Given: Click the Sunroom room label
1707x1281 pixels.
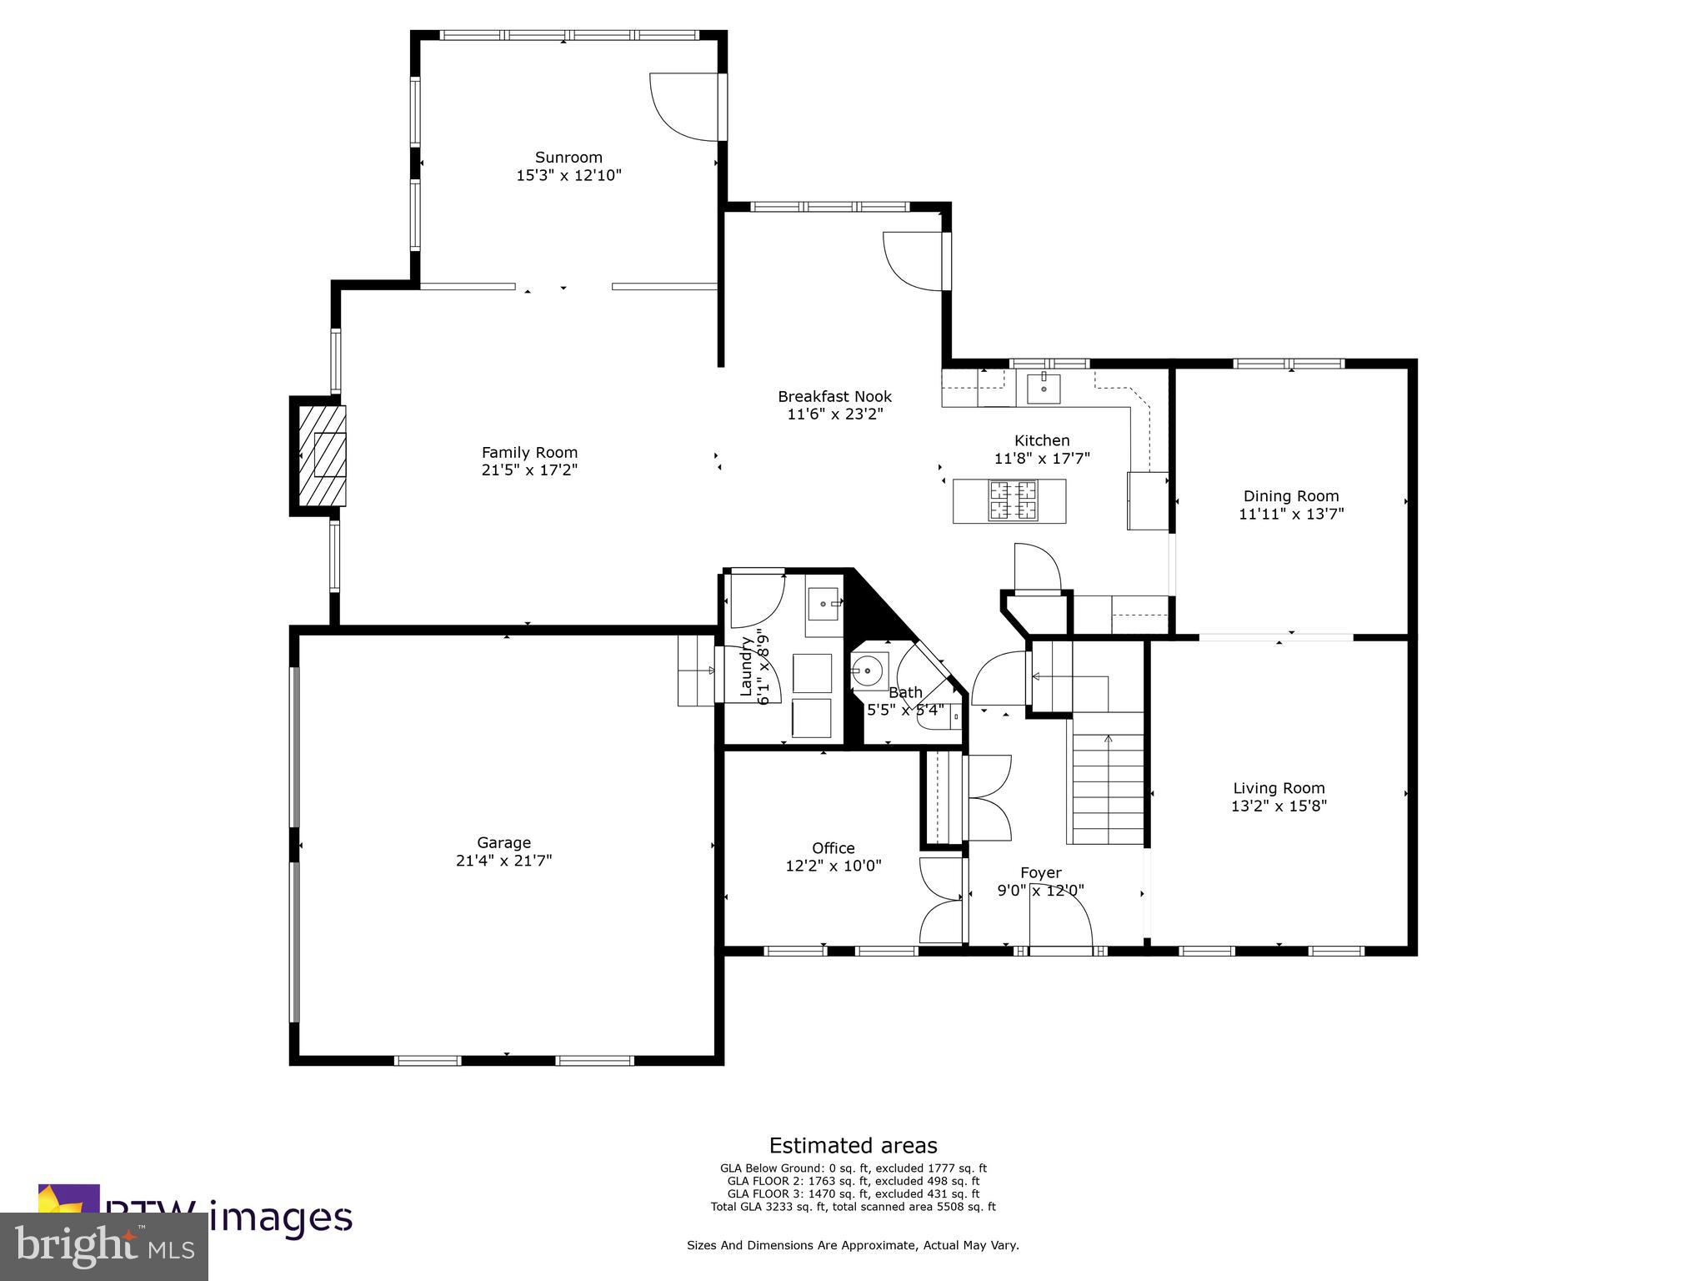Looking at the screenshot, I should pos(568,157).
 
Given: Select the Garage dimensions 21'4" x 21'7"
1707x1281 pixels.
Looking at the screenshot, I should pos(503,860).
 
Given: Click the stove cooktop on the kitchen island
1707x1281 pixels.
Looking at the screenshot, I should pos(1013,500).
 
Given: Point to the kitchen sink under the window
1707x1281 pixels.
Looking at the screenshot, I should pos(1043,388).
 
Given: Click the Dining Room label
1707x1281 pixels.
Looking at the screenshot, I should pos(1290,495).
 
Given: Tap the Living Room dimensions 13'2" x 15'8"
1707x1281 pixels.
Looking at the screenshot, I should pos(1279,806).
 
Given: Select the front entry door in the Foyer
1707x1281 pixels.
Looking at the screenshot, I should pos(1060,926).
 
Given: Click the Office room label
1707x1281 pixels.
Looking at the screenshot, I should pos(833,848).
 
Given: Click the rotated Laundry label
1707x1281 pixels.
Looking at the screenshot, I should pos(746,667).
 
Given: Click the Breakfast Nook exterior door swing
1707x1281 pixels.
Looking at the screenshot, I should pos(914,260).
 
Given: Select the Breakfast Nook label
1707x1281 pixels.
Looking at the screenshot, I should pos(834,396).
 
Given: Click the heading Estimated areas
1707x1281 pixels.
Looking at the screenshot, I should pos(853,1145).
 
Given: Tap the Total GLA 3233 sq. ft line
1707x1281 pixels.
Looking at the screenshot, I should pos(853,1206).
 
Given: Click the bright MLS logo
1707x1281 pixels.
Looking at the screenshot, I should pos(103,1246).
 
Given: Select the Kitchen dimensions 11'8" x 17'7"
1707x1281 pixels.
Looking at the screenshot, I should pos(1042,458).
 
